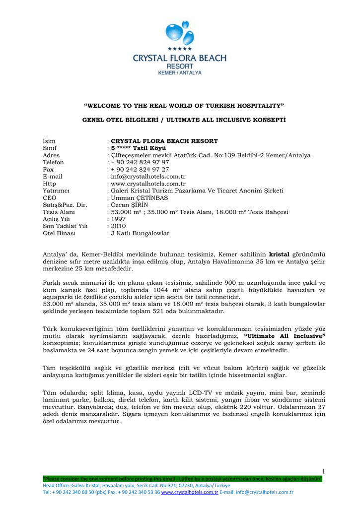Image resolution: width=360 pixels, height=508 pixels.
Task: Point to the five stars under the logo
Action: (179, 49)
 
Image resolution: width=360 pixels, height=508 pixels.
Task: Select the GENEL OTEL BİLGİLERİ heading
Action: (180, 121)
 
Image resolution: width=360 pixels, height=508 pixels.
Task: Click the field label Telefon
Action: (53, 162)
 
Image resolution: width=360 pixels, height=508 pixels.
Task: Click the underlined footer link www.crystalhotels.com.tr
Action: (190, 492)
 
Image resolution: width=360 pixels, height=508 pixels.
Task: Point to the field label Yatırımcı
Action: (56, 190)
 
